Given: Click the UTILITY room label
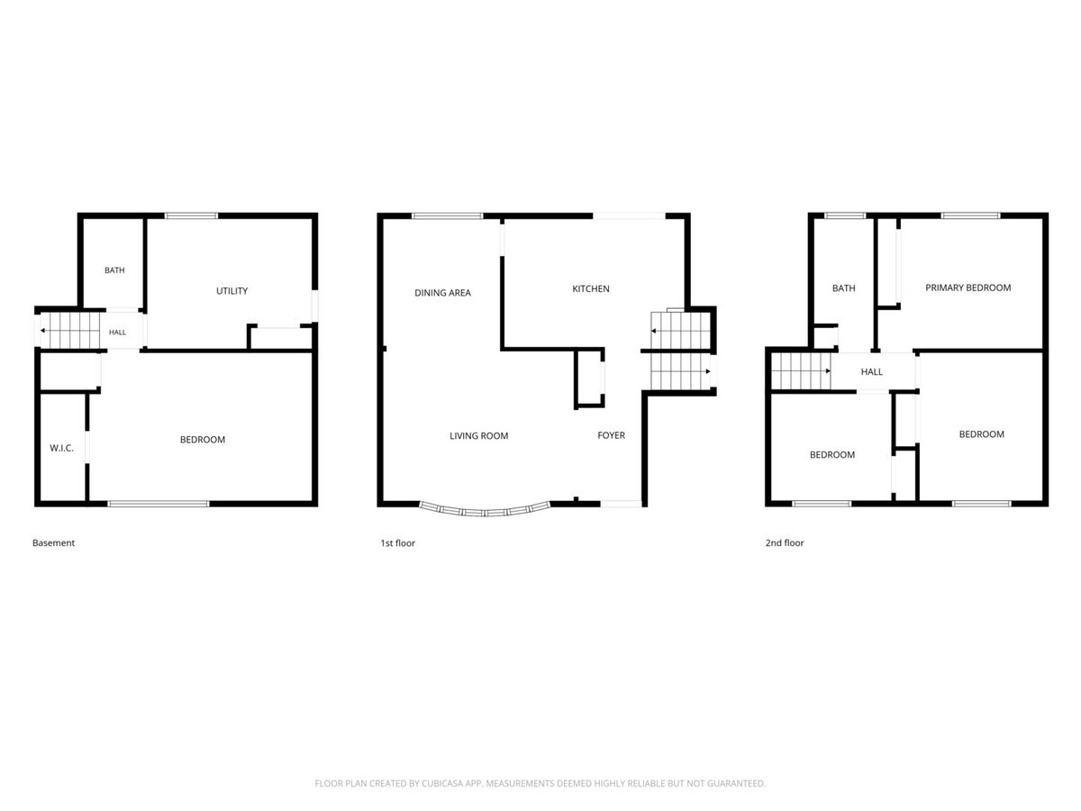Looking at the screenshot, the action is [232, 291].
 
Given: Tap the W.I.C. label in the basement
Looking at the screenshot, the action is [61, 448].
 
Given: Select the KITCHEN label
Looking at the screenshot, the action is [590, 289].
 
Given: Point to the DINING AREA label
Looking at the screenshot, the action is [442, 293].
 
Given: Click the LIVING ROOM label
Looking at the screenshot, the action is [478, 436].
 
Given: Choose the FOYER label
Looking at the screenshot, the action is [611, 435].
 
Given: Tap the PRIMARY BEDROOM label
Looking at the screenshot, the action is [967, 287].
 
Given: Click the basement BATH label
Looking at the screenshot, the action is [114, 270].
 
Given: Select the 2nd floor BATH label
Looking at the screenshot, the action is [843, 288].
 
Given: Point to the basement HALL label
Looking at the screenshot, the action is [117, 333].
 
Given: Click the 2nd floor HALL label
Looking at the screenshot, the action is [871, 372].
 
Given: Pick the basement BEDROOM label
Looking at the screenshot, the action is [203, 440].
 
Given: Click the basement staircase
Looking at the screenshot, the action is [70, 331].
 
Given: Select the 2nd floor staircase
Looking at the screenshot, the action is [800, 370].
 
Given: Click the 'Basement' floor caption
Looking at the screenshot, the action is [53, 542].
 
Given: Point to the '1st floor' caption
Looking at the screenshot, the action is [397, 543].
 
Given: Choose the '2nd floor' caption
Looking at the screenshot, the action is [784, 542].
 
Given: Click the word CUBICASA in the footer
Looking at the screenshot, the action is [441, 783].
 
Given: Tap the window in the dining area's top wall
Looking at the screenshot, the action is [447, 215].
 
